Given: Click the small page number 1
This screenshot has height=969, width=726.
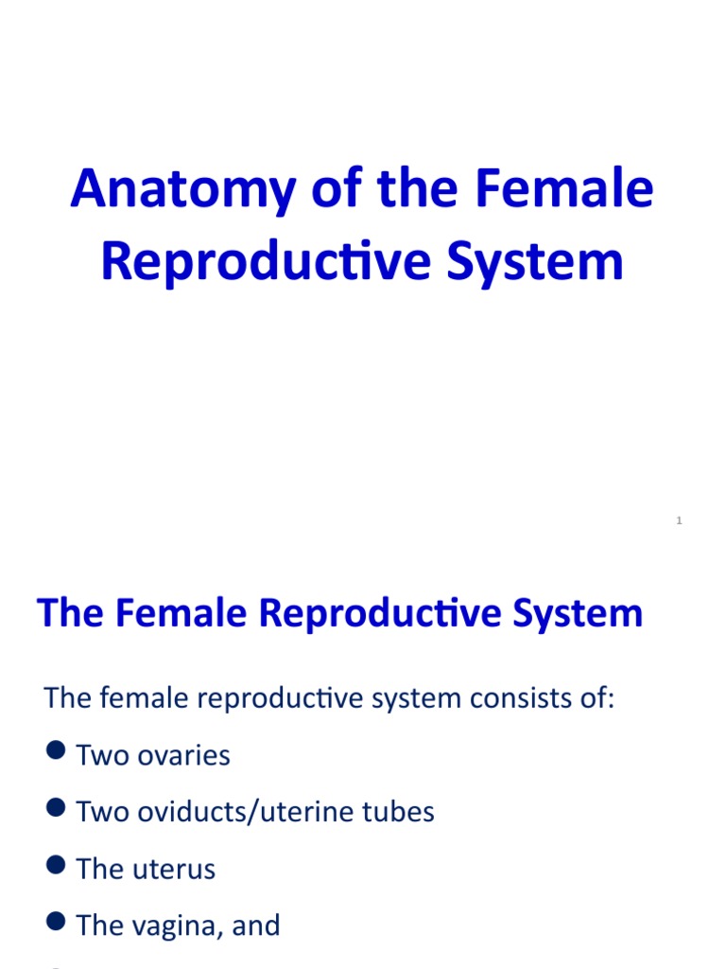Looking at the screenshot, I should (679, 520).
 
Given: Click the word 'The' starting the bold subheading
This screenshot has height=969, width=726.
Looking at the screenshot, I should (71, 613).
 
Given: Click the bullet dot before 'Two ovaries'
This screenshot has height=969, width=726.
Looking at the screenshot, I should (56, 752).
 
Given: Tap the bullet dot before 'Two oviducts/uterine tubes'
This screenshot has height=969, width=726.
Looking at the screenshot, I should (56, 808).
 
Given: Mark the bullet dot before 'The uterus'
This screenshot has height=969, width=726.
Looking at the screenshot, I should (56, 865).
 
